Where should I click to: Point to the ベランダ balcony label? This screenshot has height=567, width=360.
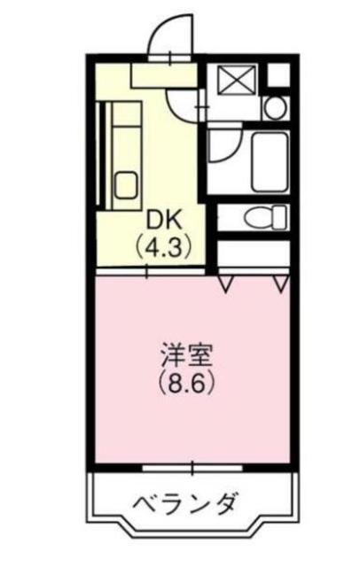tap(184, 507)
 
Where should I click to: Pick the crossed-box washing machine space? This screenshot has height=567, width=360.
tap(235, 81)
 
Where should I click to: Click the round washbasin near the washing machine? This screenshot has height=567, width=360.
tap(275, 109)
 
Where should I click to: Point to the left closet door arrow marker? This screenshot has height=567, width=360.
tap(227, 283)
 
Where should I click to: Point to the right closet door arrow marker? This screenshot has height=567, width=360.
tap(282, 283)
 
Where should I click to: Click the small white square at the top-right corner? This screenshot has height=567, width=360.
tap(278, 76)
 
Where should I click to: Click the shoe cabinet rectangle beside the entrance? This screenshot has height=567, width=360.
tap(156, 74)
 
